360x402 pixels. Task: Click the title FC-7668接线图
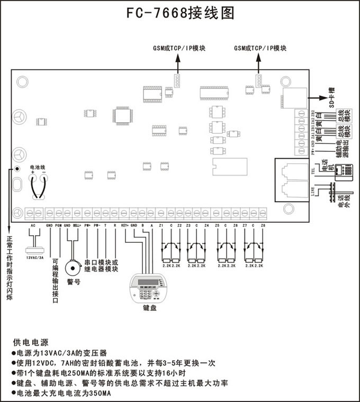pos(180,13)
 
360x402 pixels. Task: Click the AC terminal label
pos(33,225)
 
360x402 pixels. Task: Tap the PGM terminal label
pos(58,225)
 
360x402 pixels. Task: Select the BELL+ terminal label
pos(77,225)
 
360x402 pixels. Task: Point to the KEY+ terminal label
pos(125,225)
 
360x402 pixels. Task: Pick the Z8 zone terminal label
pos(263,225)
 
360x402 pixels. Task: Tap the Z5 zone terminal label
pos(218,225)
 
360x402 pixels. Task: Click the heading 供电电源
pos(30,342)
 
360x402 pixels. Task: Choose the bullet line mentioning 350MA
pos(64,393)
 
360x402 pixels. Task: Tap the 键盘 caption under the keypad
pos(150,307)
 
